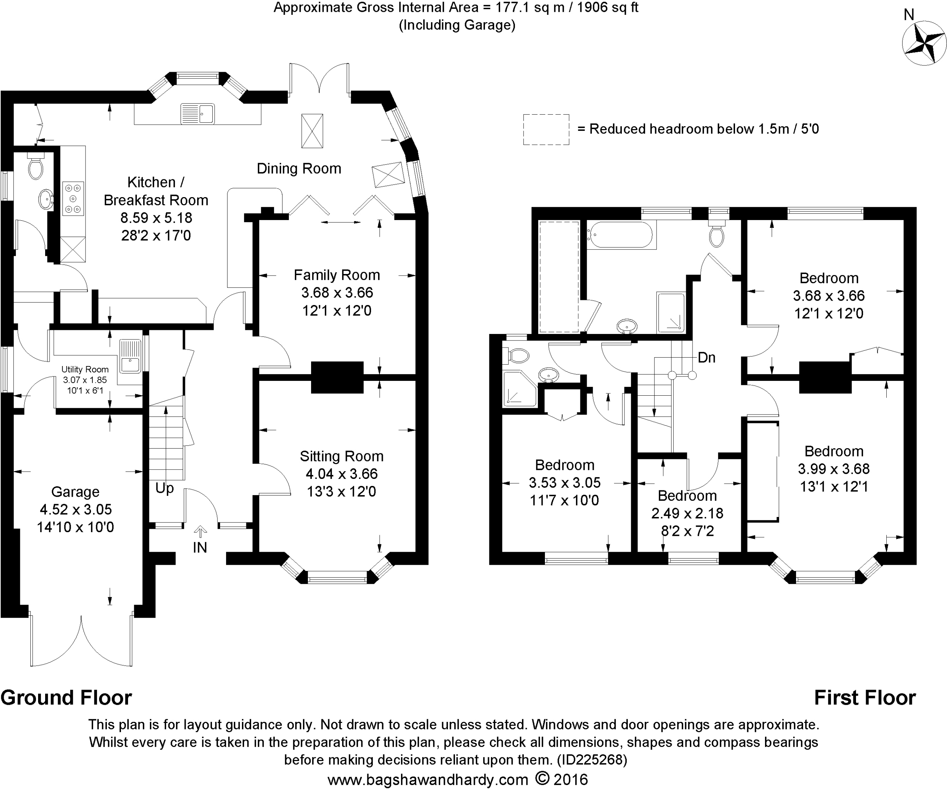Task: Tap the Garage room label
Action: pyautogui.click(x=75, y=492)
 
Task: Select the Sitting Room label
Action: pyautogui.click(x=341, y=456)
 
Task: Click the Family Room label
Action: pyautogui.click(x=337, y=275)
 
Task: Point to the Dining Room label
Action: pyautogui.click(x=299, y=169)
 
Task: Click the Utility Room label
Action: pyautogui.click(x=85, y=369)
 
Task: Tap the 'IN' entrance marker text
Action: pyautogui.click(x=200, y=548)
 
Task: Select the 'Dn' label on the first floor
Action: pyautogui.click(x=707, y=358)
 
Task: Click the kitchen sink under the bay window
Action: pyautogui.click(x=198, y=113)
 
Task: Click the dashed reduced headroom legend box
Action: pyautogui.click(x=546, y=129)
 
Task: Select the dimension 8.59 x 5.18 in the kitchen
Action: pyautogui.click(x=156, y=218)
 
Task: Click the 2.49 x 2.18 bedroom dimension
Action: pyautogui.click(x=687, y=513)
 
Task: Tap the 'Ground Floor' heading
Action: pyautogui.click(x=66, y=698)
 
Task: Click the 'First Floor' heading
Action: pyautogui.click(x=865, y=698)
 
